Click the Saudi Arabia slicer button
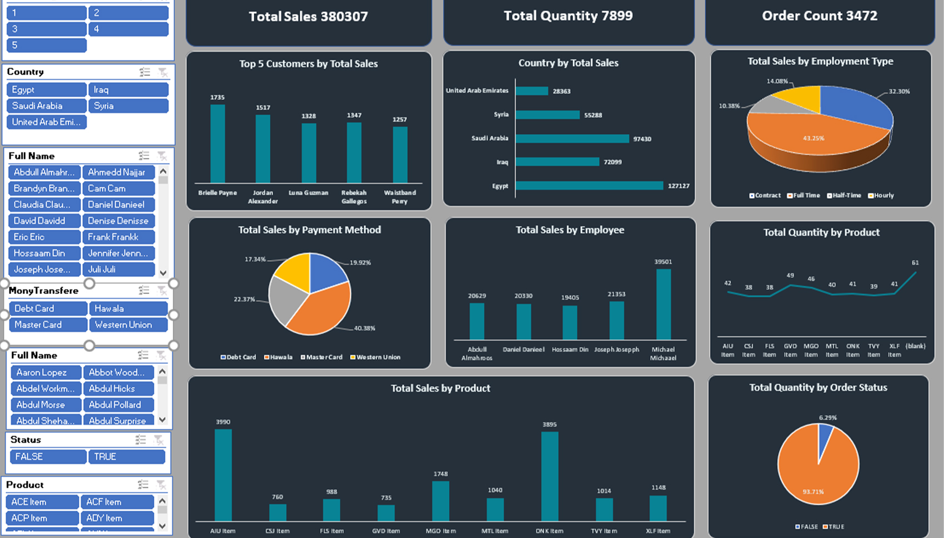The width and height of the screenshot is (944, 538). coord(46,106)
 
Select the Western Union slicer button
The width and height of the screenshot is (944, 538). coord(128,324)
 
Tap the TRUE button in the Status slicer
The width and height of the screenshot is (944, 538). coord(127,456)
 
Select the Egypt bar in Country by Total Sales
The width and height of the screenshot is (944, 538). coord(589,186)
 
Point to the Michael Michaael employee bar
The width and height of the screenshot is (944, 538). coord(663,304)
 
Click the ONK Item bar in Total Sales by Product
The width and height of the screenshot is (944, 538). coord(549,476)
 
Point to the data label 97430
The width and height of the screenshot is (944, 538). coord(642,139)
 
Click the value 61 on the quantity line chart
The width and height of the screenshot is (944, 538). coord(915,263)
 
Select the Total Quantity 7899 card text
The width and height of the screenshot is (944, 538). coord(568,16)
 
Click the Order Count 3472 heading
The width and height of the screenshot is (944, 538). coord(820,16)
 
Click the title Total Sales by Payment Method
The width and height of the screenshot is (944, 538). coord(309,230)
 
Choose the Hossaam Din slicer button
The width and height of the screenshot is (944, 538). coord(44,253)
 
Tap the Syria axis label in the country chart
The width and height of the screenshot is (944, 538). coord(501,115)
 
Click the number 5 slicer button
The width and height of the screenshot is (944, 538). coord(46,45)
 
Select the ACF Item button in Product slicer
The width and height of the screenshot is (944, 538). coord(117,502)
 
